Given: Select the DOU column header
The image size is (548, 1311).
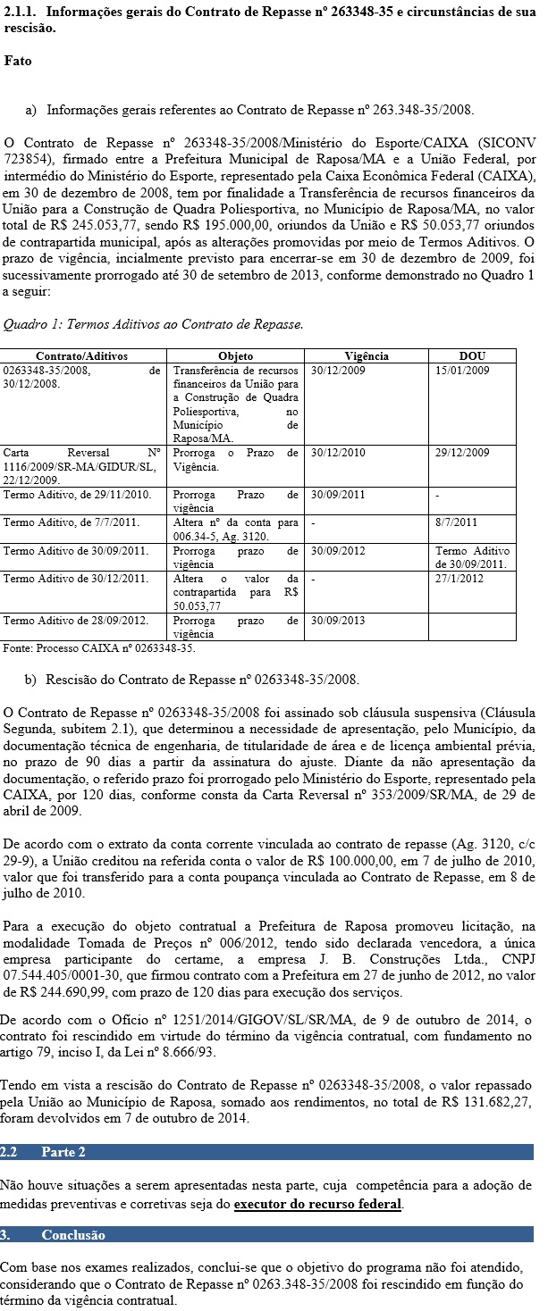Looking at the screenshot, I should point(472,355).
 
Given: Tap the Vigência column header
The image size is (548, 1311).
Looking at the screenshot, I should point(367,355).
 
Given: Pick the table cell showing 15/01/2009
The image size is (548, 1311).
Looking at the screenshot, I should point(462,370).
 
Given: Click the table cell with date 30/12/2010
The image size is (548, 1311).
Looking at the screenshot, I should point(339,453).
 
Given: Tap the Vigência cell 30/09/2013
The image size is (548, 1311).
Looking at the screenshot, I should point(339,621).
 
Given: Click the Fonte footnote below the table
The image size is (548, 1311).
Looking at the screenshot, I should point(98,647).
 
